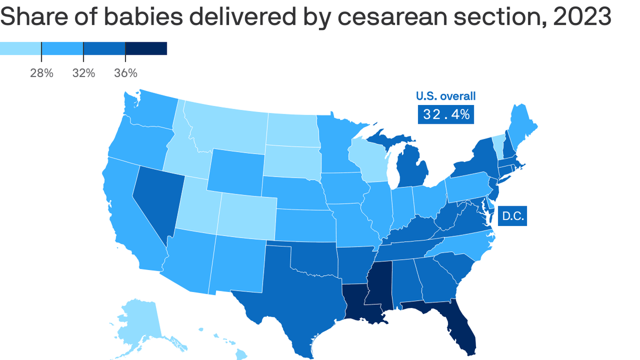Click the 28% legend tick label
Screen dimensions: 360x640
[x=42, y=73]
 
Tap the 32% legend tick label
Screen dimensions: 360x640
[x=83, y=73]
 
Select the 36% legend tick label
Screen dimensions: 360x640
[x=126, y=73]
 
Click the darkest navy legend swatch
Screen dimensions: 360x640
[x=146, y=48]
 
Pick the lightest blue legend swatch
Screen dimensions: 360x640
[x=21, y=48]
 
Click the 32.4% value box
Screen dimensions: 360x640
[x=446, y=114]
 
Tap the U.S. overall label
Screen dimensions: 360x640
[x=446, y=96]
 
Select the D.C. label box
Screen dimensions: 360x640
[x=512, y=216]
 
